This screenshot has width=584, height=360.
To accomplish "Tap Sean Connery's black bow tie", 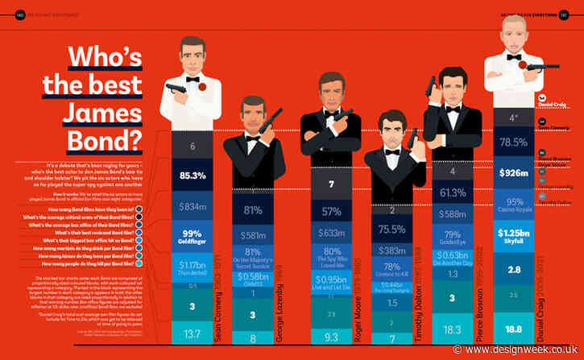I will pos(193,80).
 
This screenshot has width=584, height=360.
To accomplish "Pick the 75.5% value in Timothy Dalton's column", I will pos(391,229).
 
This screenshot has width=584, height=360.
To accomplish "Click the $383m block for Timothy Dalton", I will pos(391,250).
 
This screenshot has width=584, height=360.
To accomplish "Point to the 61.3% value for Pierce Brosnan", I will pos(452,192).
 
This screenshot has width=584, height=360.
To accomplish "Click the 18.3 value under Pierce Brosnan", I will pos(452,330).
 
